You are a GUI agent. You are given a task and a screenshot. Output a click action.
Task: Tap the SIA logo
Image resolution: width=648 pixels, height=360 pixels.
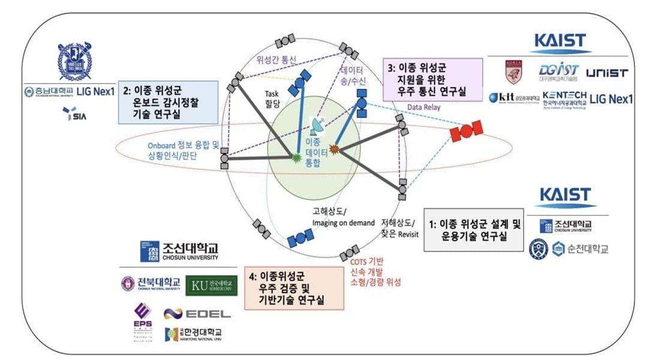click(74, 114)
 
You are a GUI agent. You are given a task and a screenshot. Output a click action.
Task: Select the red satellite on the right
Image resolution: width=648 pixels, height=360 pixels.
click(467, 130)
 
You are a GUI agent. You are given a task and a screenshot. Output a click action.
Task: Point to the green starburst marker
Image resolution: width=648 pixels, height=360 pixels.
click(295, 157)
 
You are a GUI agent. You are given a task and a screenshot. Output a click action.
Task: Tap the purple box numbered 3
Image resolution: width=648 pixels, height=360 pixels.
click(433, 79)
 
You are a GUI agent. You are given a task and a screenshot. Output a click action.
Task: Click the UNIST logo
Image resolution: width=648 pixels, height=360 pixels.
click(606, 73)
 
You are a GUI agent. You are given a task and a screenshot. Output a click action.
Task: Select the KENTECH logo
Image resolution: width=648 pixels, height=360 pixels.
click(564, 98)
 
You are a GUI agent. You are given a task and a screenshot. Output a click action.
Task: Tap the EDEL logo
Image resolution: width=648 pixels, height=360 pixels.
click(197, 313)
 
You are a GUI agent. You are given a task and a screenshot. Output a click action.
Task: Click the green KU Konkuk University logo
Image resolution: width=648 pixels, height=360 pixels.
click(211, 285)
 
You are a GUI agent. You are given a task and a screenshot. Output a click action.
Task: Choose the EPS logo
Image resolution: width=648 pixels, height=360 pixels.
click(143, 316)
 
